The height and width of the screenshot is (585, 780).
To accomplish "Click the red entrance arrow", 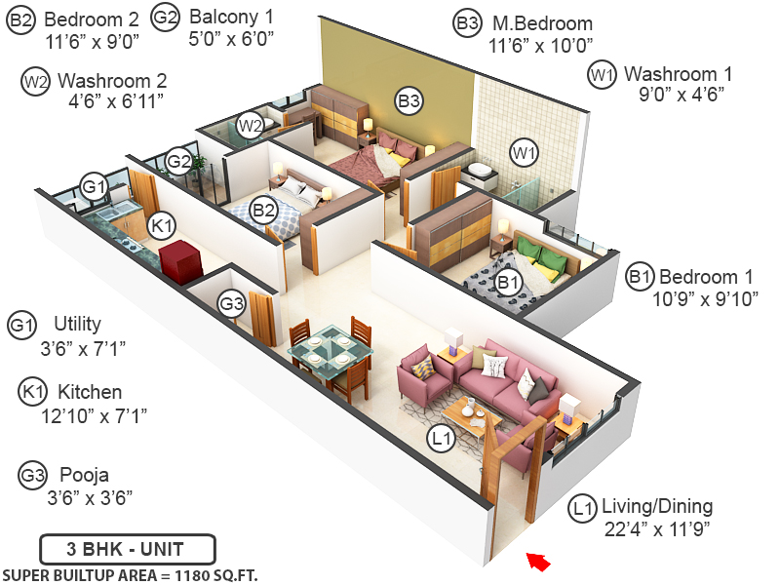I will pos(537,561).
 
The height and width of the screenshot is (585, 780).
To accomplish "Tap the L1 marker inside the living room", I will pos(443,441).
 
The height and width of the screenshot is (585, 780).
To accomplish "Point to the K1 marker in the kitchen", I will pos(162,226).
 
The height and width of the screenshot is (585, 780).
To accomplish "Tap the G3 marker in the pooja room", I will pos(231,303).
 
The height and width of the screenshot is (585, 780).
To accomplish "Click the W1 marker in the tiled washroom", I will pos(525,152).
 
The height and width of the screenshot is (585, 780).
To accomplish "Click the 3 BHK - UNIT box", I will pos(127,548).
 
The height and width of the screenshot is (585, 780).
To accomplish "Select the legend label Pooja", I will pos(83,475).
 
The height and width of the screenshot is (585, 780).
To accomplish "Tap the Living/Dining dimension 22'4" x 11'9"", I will pos(656,529).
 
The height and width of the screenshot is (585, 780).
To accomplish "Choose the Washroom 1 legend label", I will pos(678,73).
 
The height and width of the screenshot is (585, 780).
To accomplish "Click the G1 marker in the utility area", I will pos(94,185).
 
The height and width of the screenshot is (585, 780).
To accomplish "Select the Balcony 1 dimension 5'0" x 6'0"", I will pos(232,39).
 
